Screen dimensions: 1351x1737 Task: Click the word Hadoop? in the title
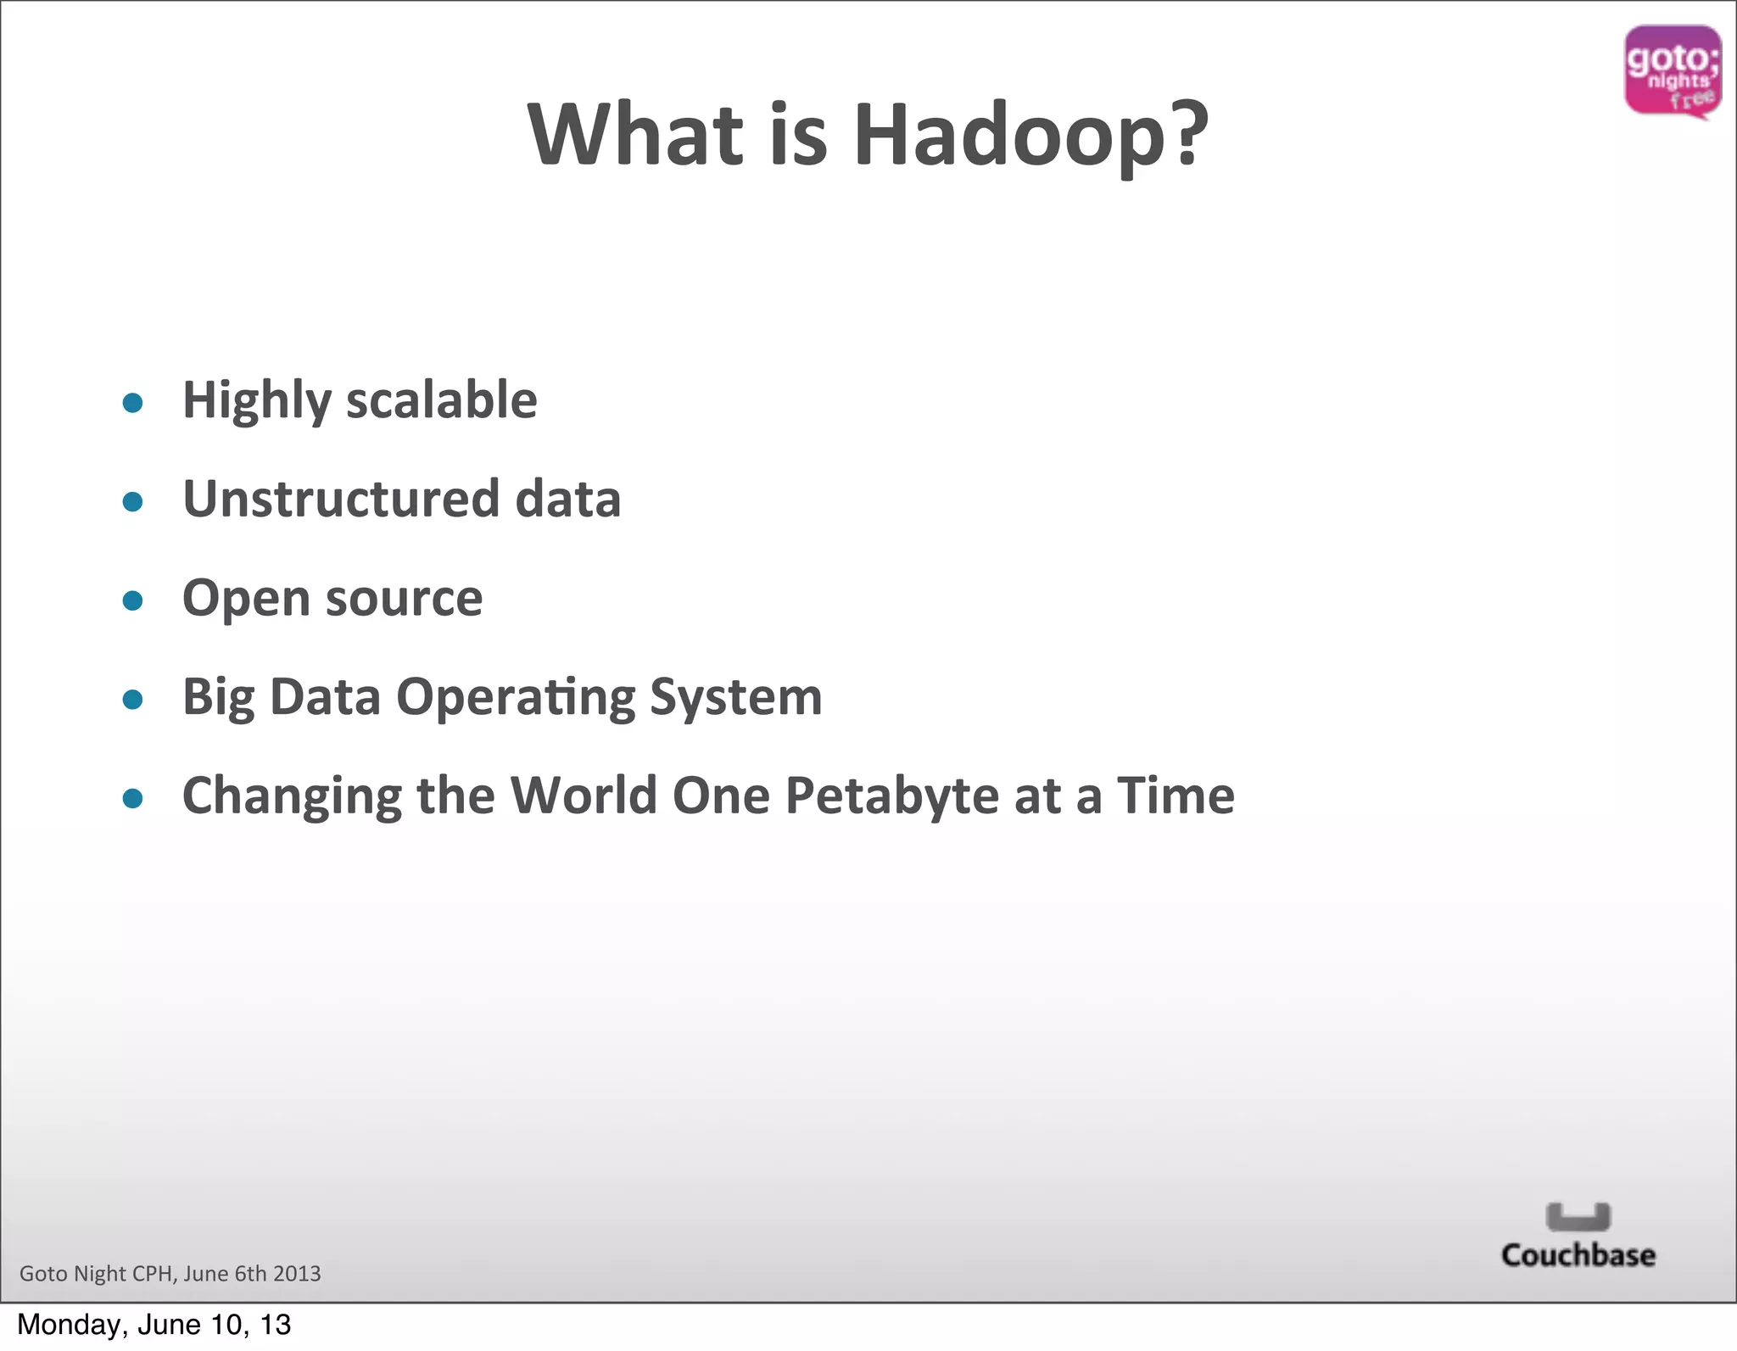(x=1030, y=136)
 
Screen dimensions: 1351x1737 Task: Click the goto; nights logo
(x=1672, y=71)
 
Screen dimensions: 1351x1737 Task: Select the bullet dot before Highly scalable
(x=132, y=402)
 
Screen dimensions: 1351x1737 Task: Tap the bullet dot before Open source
(x=132, y=600)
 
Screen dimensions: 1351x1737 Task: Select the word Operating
(x=516, y=699)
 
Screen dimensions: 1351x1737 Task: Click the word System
(x=735, y=697)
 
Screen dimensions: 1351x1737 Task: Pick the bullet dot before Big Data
(x=132, y=699)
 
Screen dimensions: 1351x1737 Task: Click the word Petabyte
(x=891, y=797)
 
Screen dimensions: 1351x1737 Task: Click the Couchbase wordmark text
(x=1578, y=1255)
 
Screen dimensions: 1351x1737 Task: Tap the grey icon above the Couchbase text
(x=1578, y=1216)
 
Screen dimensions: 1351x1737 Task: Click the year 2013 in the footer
(x=297, y=1274)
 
